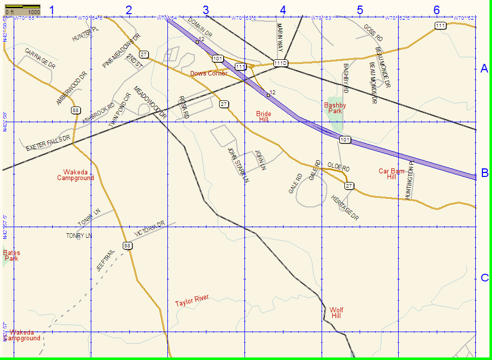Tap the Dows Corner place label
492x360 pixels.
[209, 74]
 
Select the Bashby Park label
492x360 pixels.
[335, 108]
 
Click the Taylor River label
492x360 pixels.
[192, 301]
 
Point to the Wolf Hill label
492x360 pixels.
[336, 313]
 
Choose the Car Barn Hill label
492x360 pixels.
[391, 174]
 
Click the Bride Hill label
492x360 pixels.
[263, 117]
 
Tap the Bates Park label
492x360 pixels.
[11, 255]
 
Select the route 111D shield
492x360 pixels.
[280, 63]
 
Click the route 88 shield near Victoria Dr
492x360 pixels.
[127, 246]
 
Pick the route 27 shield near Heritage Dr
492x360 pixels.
[349, 186]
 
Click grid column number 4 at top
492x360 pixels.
[283, 10]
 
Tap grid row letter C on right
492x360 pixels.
[484, 277]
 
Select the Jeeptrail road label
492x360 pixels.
[106, 260]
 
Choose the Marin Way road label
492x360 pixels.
[279, 40]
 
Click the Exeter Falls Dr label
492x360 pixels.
[48, 143]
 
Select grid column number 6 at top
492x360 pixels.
[437, 10]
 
